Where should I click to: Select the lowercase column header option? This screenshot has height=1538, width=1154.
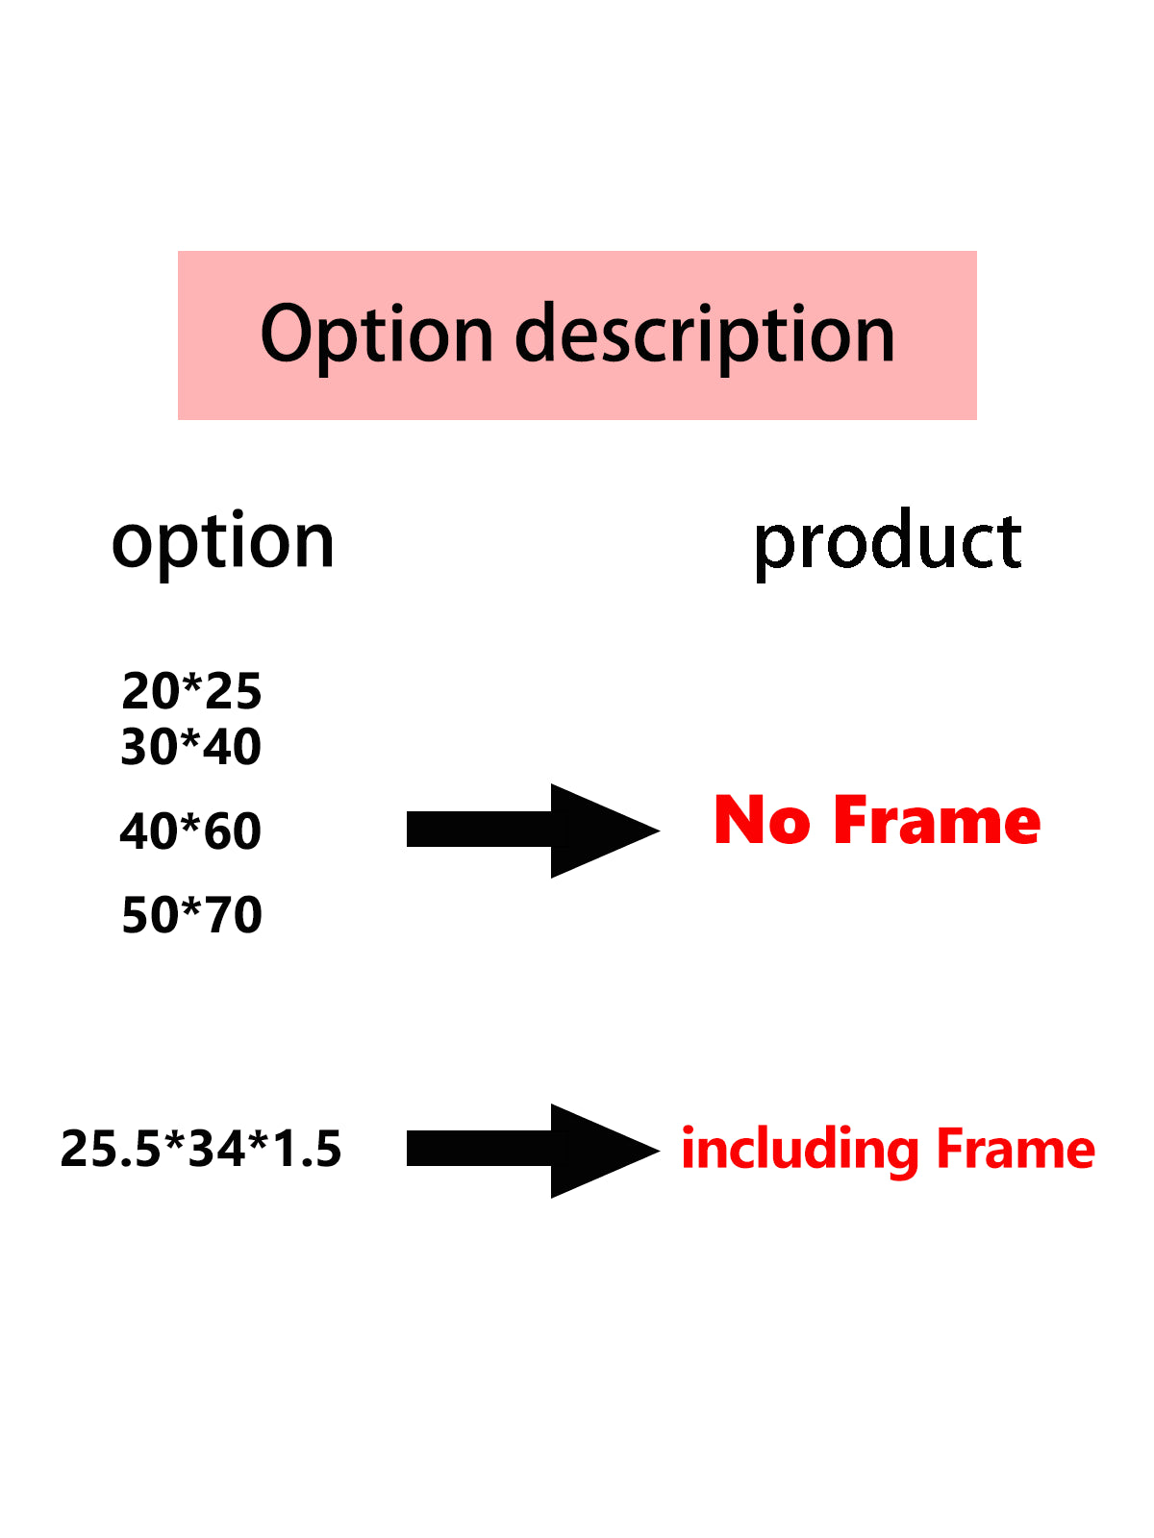tap(223, 544)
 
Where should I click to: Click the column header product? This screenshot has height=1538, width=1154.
tap(888, 543)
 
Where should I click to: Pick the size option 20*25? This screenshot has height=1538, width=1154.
tap(191, 691)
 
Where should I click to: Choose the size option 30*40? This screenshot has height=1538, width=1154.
tap(190, 746)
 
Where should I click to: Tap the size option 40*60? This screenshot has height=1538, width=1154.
tap(190, 831)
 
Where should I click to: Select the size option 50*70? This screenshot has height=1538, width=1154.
tap(192, 915)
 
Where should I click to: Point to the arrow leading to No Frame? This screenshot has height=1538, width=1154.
tap(533, 831)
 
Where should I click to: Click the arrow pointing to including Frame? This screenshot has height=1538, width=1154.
tap(533, 1151)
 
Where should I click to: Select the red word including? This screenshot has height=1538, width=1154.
tap(800, 1152)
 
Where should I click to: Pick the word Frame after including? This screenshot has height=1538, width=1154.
tap(1016, 1149)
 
